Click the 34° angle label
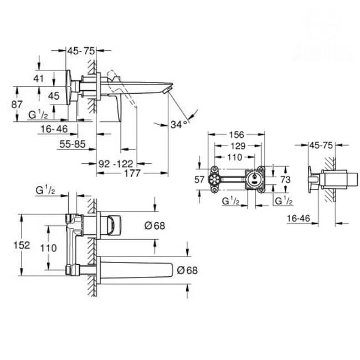pos(178,125)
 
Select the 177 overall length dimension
pos(132,173)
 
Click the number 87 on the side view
pos(17,104)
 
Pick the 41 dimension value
pos(38,78)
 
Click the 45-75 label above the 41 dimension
pos(81,50)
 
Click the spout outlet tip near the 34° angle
pos(168,90)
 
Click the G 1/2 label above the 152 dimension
pos(45,191)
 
